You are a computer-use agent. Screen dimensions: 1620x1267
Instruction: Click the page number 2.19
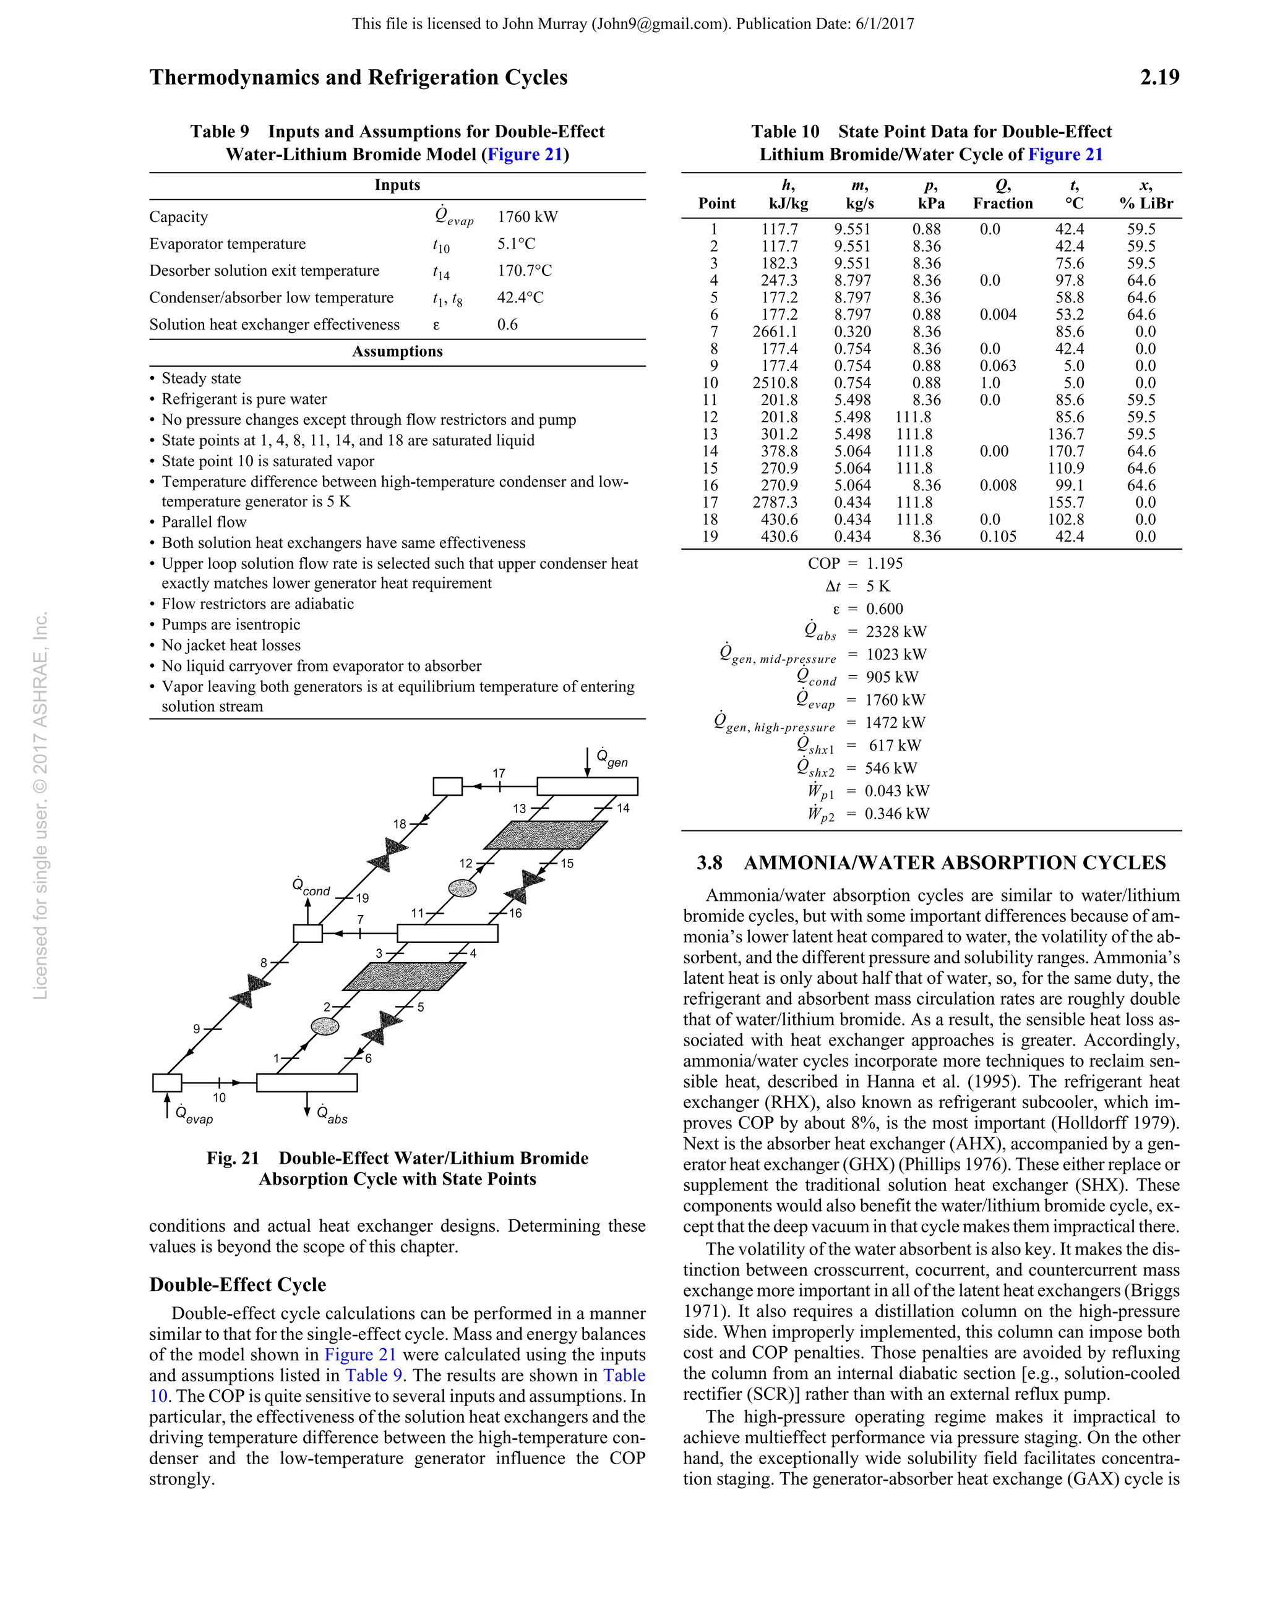point(1159,78)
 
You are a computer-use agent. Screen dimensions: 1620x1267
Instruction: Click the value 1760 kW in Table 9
point(527,216)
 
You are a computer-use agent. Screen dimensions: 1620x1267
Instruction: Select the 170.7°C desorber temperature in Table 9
point(524,271)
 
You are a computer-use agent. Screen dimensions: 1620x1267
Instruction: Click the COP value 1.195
point(885,563)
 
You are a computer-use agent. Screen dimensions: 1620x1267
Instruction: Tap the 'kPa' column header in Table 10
point(931,203)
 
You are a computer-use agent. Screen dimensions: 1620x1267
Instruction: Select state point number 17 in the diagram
point(499,773)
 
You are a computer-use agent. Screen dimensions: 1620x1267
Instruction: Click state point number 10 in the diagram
point(219,1097)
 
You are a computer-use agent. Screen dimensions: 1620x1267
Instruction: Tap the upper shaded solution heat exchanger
point(545,835)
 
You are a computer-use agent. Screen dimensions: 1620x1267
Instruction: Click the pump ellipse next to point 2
point(324,1026)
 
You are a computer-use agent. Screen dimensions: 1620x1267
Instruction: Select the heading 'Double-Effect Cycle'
point(238,1285)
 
